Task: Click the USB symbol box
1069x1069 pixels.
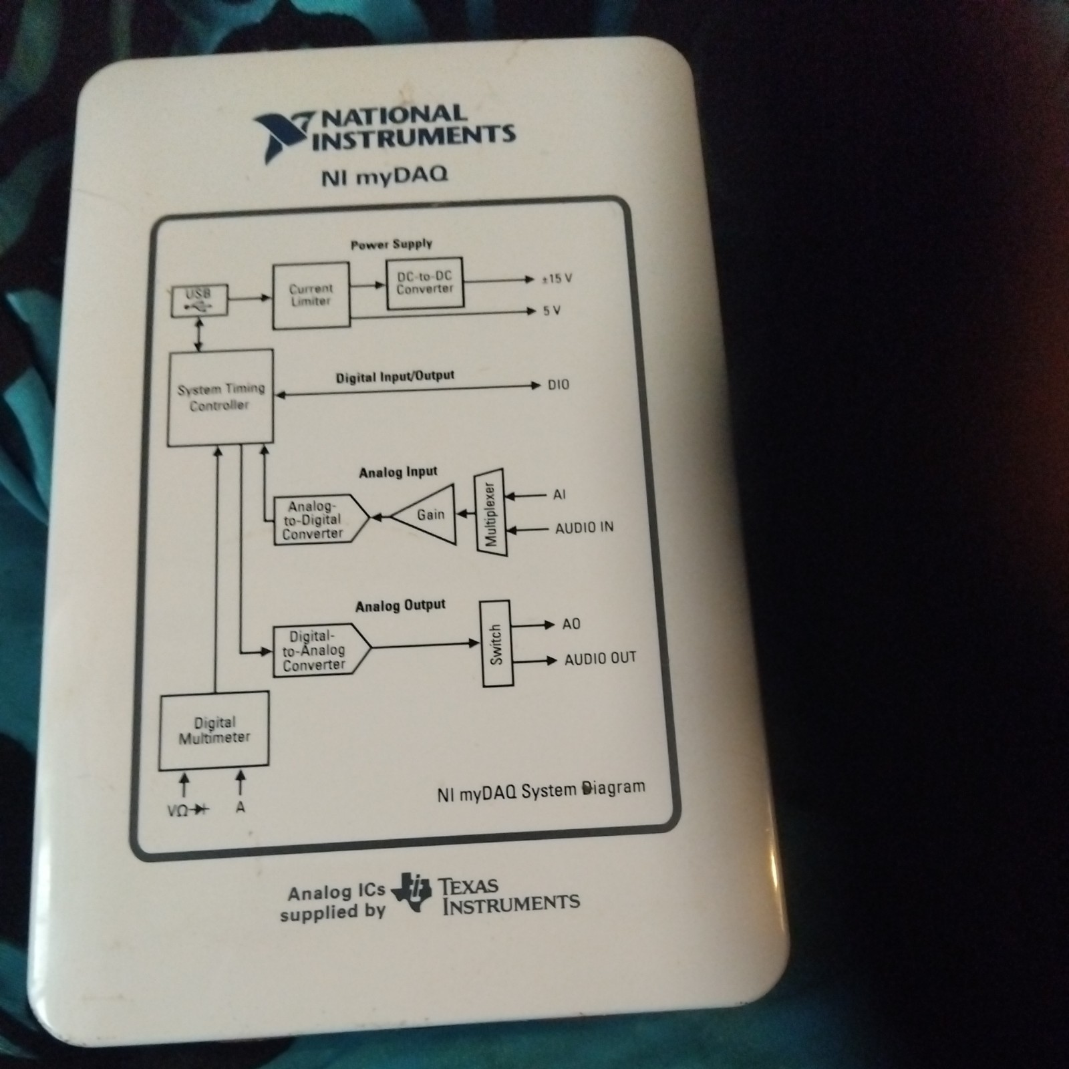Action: point(198,301)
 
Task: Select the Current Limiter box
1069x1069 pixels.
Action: point(311,295)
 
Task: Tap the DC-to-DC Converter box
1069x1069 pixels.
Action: point(425,283)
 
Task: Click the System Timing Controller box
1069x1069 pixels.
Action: point(220,398)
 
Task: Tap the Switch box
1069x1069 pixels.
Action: point(496,644)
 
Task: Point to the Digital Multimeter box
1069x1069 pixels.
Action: point(214,730)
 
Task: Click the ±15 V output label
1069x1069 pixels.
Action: point(557,279)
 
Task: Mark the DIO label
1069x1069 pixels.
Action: point(559,385)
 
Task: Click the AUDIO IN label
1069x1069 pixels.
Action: point(584,528)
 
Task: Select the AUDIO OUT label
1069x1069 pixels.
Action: point(600,659)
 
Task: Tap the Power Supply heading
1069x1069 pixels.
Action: point(392,244)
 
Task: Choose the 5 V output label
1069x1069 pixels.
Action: point(551,311)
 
